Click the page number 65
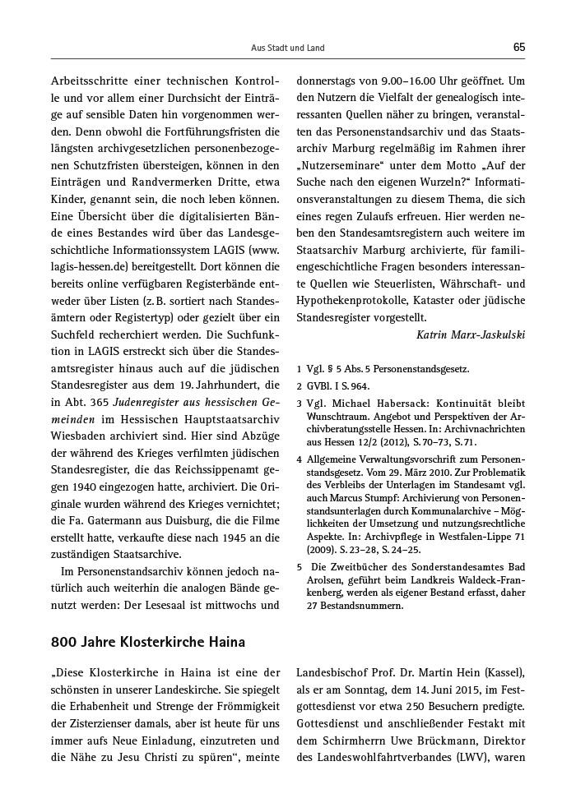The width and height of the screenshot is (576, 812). pyautogui.click(x=518, y=48)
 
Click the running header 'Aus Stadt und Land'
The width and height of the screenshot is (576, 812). pyautogui.click(x=287, y=48)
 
